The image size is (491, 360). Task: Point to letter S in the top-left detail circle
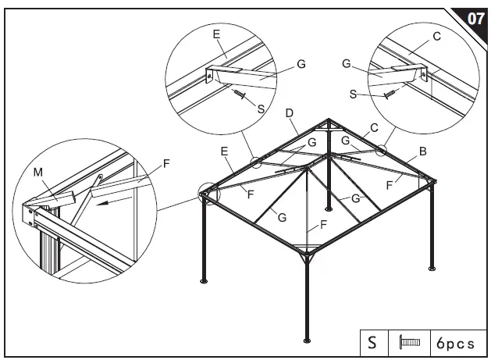(x=260, y=109)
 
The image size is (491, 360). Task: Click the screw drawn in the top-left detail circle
(x=240, y=95)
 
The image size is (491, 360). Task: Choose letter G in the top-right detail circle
(x=346, y=63)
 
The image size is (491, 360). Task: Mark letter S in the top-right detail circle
(x=354, y=94)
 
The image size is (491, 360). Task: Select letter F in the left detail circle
(x=165, y=165)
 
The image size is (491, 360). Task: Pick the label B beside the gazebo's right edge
(x=422, y=152)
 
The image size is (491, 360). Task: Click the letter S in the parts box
(x=372, y=342)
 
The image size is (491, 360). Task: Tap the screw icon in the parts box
(x=409, y=342)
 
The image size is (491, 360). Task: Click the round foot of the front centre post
(x=307, y=340)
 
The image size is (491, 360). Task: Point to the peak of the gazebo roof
(x=329, y=122)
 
